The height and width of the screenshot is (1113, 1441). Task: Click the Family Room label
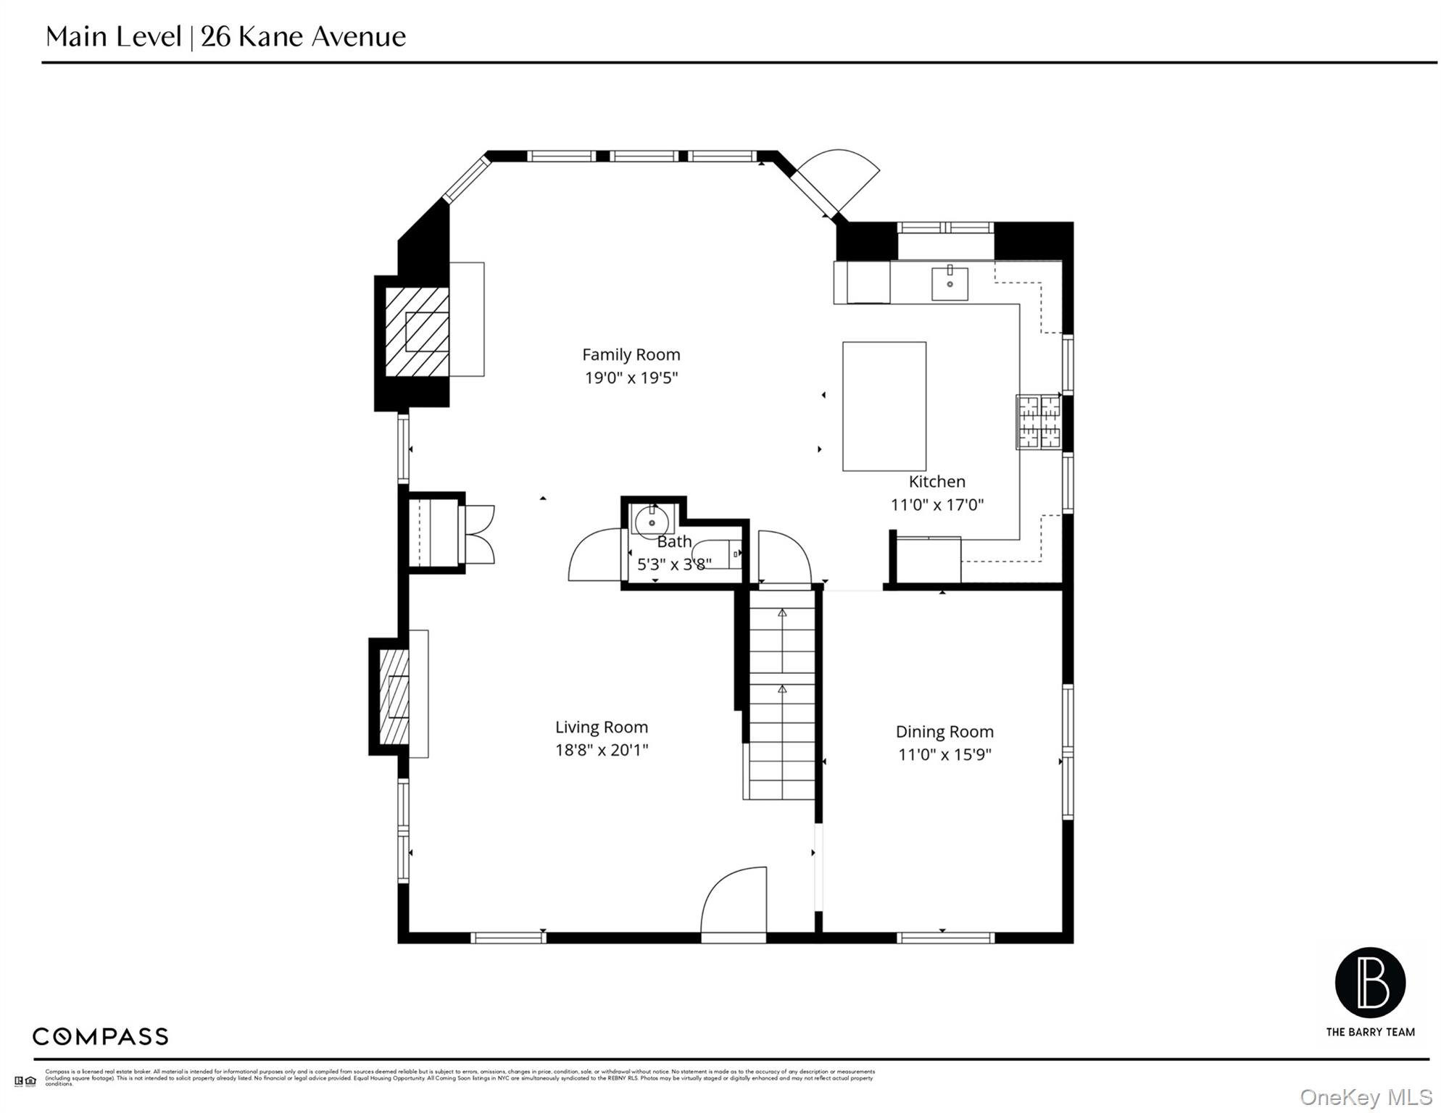click(631, 354)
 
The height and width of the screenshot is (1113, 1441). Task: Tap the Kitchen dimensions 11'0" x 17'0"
click(937, 505)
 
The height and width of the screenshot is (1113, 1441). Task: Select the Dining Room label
click(944, 732)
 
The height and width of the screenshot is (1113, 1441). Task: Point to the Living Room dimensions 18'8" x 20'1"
click(601, 750)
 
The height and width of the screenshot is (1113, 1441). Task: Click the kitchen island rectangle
click(884, 407)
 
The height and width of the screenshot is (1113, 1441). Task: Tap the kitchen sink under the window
click(949, 283)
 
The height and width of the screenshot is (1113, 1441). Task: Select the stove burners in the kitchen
click(1039, 422)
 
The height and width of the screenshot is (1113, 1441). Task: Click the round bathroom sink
click(651, 522)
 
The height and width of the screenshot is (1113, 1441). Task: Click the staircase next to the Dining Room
click(781, 696)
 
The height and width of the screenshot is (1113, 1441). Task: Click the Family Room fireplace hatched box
click(416, 332)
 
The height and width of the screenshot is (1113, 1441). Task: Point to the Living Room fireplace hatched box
click(394, 697)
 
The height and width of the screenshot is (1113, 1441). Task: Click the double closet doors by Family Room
click(478, 535)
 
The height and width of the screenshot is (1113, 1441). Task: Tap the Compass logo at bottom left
click(100, 1036)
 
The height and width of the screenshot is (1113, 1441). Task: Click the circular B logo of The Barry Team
click(1369, 983)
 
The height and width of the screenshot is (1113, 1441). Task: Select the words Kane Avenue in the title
click(321, 36)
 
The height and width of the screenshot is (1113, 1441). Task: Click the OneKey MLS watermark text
click(1366, 1097)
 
